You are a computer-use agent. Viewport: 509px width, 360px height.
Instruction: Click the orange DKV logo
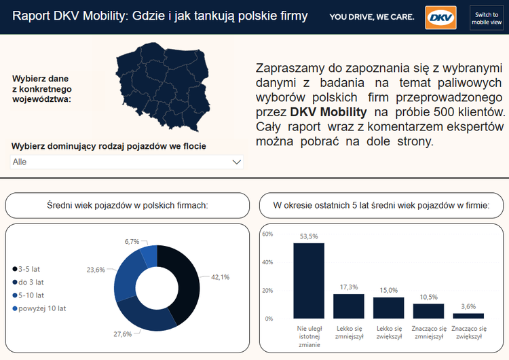pyautogui.click(x=440, y=17)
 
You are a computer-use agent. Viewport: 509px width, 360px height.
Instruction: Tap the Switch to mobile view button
pyautogui.click(x=487, y=18)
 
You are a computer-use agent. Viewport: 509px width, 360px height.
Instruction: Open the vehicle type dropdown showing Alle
pyautogui.click(x=127, y=162)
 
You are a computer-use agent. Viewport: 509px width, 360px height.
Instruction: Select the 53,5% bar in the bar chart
pyautogui.click(x=309, y=281)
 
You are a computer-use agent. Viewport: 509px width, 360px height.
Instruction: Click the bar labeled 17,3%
pyautogui.click(x=349, y=306)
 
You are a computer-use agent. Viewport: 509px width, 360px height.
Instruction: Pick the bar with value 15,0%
pyautogui.click(x=388, y=308)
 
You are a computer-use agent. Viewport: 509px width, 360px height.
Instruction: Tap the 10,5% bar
pyautogui.click(x=428, y=310)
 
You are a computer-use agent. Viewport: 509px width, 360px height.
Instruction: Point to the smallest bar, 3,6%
pyautogui.click(x=468, y=316)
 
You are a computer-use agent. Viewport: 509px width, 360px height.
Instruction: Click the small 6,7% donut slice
pyautogui.click(x=149, y=255)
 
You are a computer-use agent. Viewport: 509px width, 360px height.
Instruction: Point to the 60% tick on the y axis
pyautogui.click(x=267, y=234)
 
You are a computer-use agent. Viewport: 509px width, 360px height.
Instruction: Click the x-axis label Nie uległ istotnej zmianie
pyautogui.click(x=309, y=336)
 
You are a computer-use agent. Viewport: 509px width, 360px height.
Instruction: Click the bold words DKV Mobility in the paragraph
pyautogui.click(x=328, y=111)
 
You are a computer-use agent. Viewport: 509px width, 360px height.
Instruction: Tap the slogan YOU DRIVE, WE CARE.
pyautogui.click(x=372, y=17)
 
